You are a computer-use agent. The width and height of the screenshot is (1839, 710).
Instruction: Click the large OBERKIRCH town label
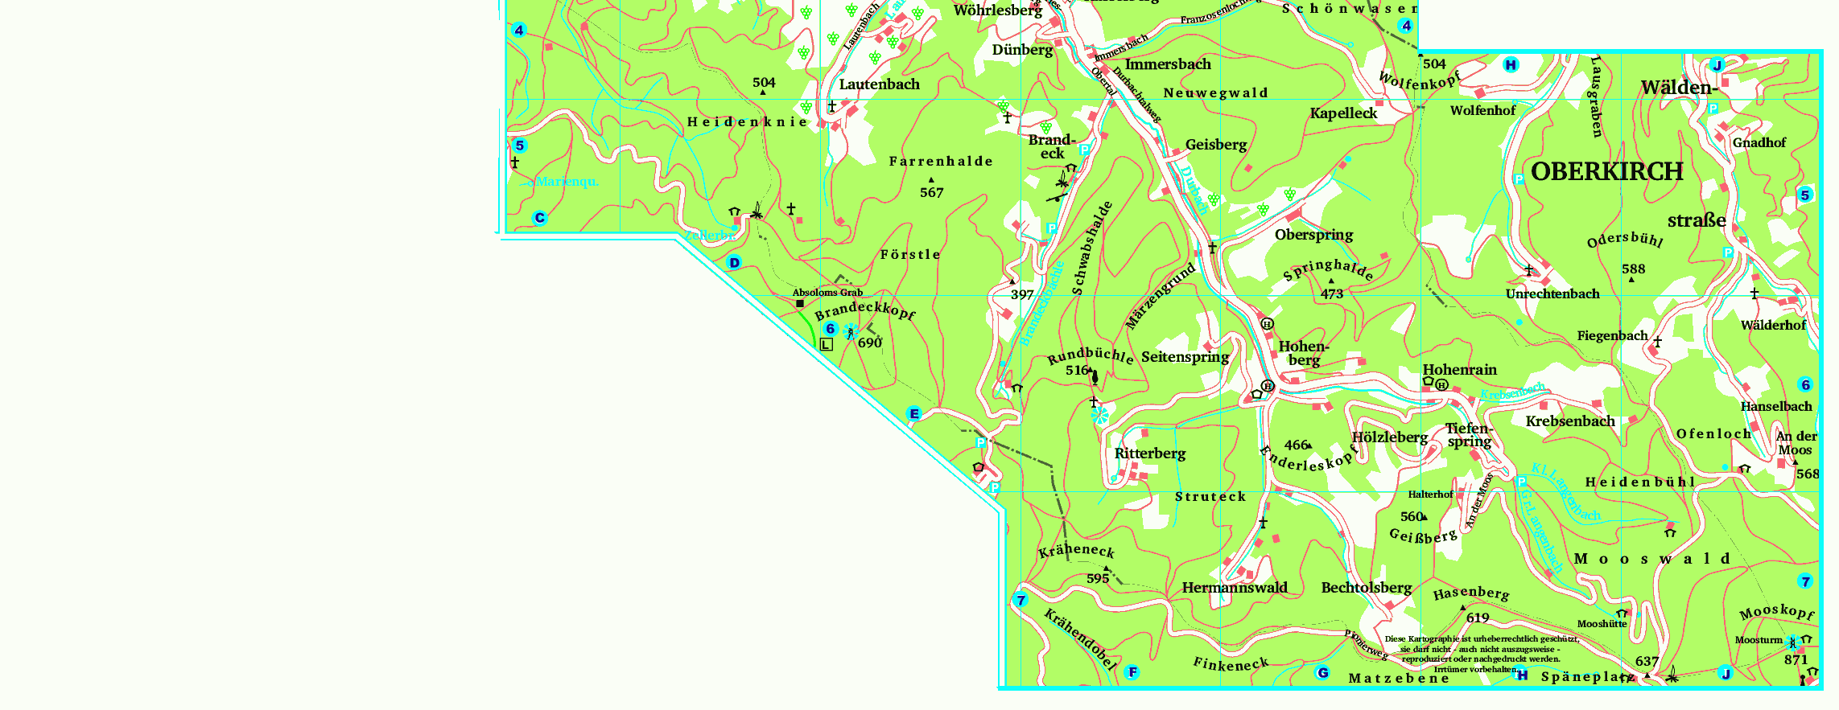(x=1606, y=172)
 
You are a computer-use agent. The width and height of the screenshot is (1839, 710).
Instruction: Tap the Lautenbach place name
(x=879, y=84)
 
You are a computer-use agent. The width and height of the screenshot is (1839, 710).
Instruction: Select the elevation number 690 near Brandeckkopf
(x=869, y=343)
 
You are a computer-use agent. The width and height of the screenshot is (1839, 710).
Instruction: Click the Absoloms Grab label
(x=827, y=293)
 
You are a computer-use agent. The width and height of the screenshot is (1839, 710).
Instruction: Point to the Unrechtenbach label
(x=1552, y=294)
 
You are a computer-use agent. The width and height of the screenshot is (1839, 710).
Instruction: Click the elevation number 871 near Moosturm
(x=1796, y=659)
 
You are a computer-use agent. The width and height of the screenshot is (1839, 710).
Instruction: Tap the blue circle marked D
(x=734, y=263)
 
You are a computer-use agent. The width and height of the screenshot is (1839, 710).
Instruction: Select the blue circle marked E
(x=913, y=414)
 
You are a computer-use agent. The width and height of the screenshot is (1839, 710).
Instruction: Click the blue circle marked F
(x=1132, y=672)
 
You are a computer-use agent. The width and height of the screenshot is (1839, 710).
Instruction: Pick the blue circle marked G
(x=1322, y=672)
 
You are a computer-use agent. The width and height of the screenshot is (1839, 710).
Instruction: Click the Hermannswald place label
(x=1235, y=588)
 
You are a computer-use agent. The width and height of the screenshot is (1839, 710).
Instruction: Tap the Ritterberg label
(x=1150, y=453)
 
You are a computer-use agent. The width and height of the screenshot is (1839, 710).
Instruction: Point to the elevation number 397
(x=1022, y=295)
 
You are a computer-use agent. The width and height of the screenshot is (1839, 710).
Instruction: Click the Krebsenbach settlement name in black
(x=1570, y=421)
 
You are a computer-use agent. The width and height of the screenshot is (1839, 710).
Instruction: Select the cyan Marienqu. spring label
(x=566, y=182)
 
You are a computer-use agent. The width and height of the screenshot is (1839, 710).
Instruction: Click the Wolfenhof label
(x=1482, y=111)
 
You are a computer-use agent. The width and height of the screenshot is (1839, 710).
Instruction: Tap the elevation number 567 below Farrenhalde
(x=931, y=193)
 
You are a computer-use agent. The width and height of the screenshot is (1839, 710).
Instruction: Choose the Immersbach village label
(x=1168, y=64)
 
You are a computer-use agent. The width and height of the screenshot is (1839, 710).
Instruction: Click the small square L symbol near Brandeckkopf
(x=827, y=344)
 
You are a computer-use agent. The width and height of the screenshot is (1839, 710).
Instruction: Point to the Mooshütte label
(x=1602, y=624)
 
